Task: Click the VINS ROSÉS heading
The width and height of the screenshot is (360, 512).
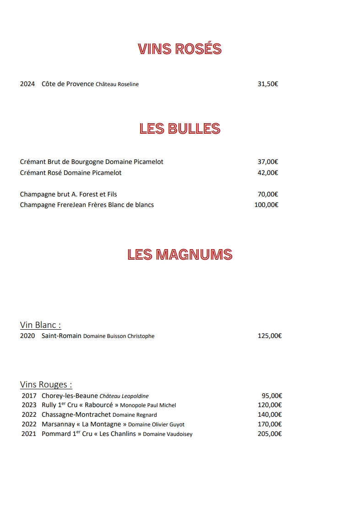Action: tap(180, 49)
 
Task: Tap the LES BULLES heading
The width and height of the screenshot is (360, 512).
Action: tap(180, 129)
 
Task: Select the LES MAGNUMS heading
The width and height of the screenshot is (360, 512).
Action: tap(180, 254)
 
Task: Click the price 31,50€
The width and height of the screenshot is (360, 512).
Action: tap(268, 84)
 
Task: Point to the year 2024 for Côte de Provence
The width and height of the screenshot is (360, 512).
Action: tap(27, 84)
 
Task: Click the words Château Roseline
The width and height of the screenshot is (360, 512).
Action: tap(117, 84)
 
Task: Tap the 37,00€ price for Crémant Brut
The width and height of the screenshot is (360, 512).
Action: tap(268, 162)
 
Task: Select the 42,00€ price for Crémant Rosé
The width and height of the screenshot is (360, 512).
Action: tap(268, 173)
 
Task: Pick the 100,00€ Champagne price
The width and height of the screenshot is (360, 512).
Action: tap(266, 205)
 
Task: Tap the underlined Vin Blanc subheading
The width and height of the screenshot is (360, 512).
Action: tap(40, 325)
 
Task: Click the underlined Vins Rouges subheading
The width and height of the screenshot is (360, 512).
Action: tap(46, 385)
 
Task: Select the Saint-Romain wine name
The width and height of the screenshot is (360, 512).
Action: tap(61, 336)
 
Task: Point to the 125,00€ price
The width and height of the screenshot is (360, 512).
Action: tap(269, 336)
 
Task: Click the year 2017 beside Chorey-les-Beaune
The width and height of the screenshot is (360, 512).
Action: tap(29, 396)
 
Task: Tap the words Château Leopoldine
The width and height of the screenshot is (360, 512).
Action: tap(124, 396)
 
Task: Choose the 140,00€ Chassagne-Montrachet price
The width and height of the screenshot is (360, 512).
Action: tap(269, 414)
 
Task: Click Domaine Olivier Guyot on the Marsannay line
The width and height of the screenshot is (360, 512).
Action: tap(156, 425)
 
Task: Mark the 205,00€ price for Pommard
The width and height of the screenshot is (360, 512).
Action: tap(269, 434)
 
